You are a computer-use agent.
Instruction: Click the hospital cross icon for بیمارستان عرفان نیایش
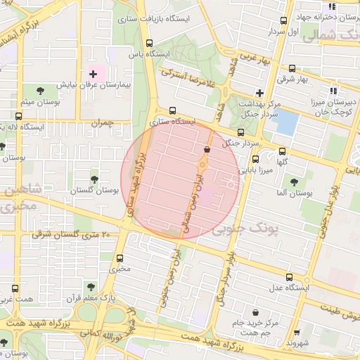[x=93, y=74]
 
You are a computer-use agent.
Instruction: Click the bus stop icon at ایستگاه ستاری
[x=172, y=110]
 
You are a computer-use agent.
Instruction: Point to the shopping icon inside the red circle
[x=207, y=149]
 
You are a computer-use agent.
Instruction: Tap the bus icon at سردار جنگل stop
[x=240, y=131]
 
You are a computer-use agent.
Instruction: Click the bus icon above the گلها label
[x=283, y=150]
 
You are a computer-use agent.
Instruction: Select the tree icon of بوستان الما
[x=293, y=181]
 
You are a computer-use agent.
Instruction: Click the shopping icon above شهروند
[x=296, y=333]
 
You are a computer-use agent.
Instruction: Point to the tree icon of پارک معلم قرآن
[x=89, y=286]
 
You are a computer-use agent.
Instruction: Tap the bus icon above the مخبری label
[x=120, y=258]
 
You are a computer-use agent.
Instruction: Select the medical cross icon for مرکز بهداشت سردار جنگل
[x=259, y=93]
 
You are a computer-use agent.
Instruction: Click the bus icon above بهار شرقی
[x=292, y=69]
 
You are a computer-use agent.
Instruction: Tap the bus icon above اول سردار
[x=284, y=20]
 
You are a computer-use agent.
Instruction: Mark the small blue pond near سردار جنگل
[x=284, y=122]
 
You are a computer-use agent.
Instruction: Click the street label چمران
[x=101, y=123]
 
